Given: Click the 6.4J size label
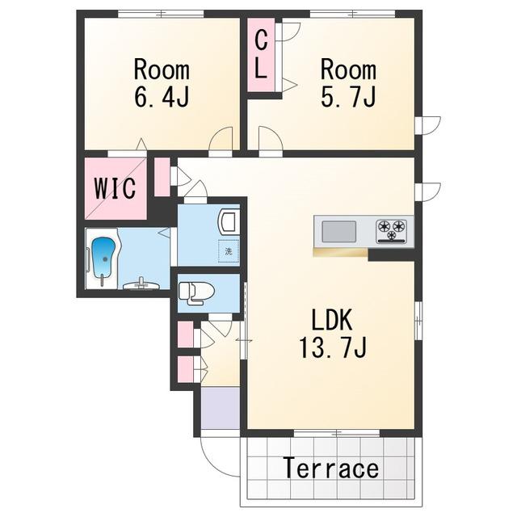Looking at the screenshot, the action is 162,96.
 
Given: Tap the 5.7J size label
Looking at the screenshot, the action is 348,96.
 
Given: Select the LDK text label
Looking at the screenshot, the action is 332,320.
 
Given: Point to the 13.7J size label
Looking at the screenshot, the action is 332,347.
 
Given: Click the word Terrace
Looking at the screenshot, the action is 330,468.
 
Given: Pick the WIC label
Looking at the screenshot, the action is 115,188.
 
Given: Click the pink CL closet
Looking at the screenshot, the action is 261,55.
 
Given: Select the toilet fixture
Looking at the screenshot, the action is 196,292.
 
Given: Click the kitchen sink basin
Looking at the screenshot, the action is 338,232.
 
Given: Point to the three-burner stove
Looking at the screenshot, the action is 391,231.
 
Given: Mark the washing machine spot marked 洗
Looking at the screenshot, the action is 229,251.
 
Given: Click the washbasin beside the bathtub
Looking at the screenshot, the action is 142,284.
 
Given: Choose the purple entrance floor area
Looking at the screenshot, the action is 221,408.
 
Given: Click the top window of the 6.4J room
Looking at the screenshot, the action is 161,14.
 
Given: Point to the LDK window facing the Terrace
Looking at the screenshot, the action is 336,433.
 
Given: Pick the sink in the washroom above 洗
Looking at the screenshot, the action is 229,222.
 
